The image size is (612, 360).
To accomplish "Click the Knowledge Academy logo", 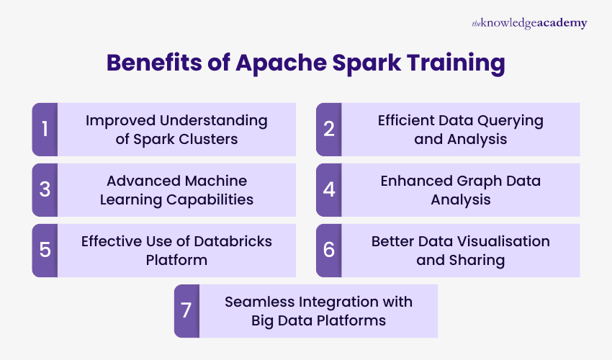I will tap(529, 23).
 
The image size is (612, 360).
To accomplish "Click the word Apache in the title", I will tap(275, 63).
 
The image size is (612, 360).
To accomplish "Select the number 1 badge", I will tap(45, 130).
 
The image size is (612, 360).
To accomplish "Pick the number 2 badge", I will tap(328, 130).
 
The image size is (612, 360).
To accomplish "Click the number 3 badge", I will tap(45, 190).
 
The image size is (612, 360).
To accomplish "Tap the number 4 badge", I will tap(328, 190).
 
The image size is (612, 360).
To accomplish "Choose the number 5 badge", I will tap(45, 251).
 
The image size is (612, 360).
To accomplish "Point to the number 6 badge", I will tap(328, 251).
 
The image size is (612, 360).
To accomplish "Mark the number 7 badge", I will tap(186, 311).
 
